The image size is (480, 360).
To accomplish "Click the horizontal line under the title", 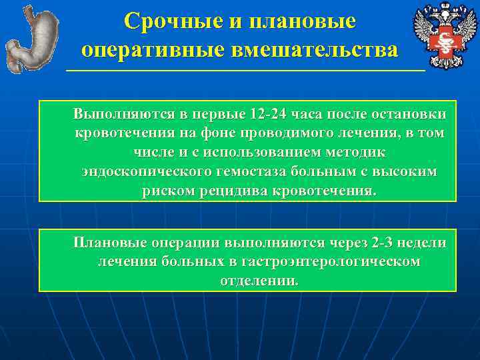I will click(x=245, y=69).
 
